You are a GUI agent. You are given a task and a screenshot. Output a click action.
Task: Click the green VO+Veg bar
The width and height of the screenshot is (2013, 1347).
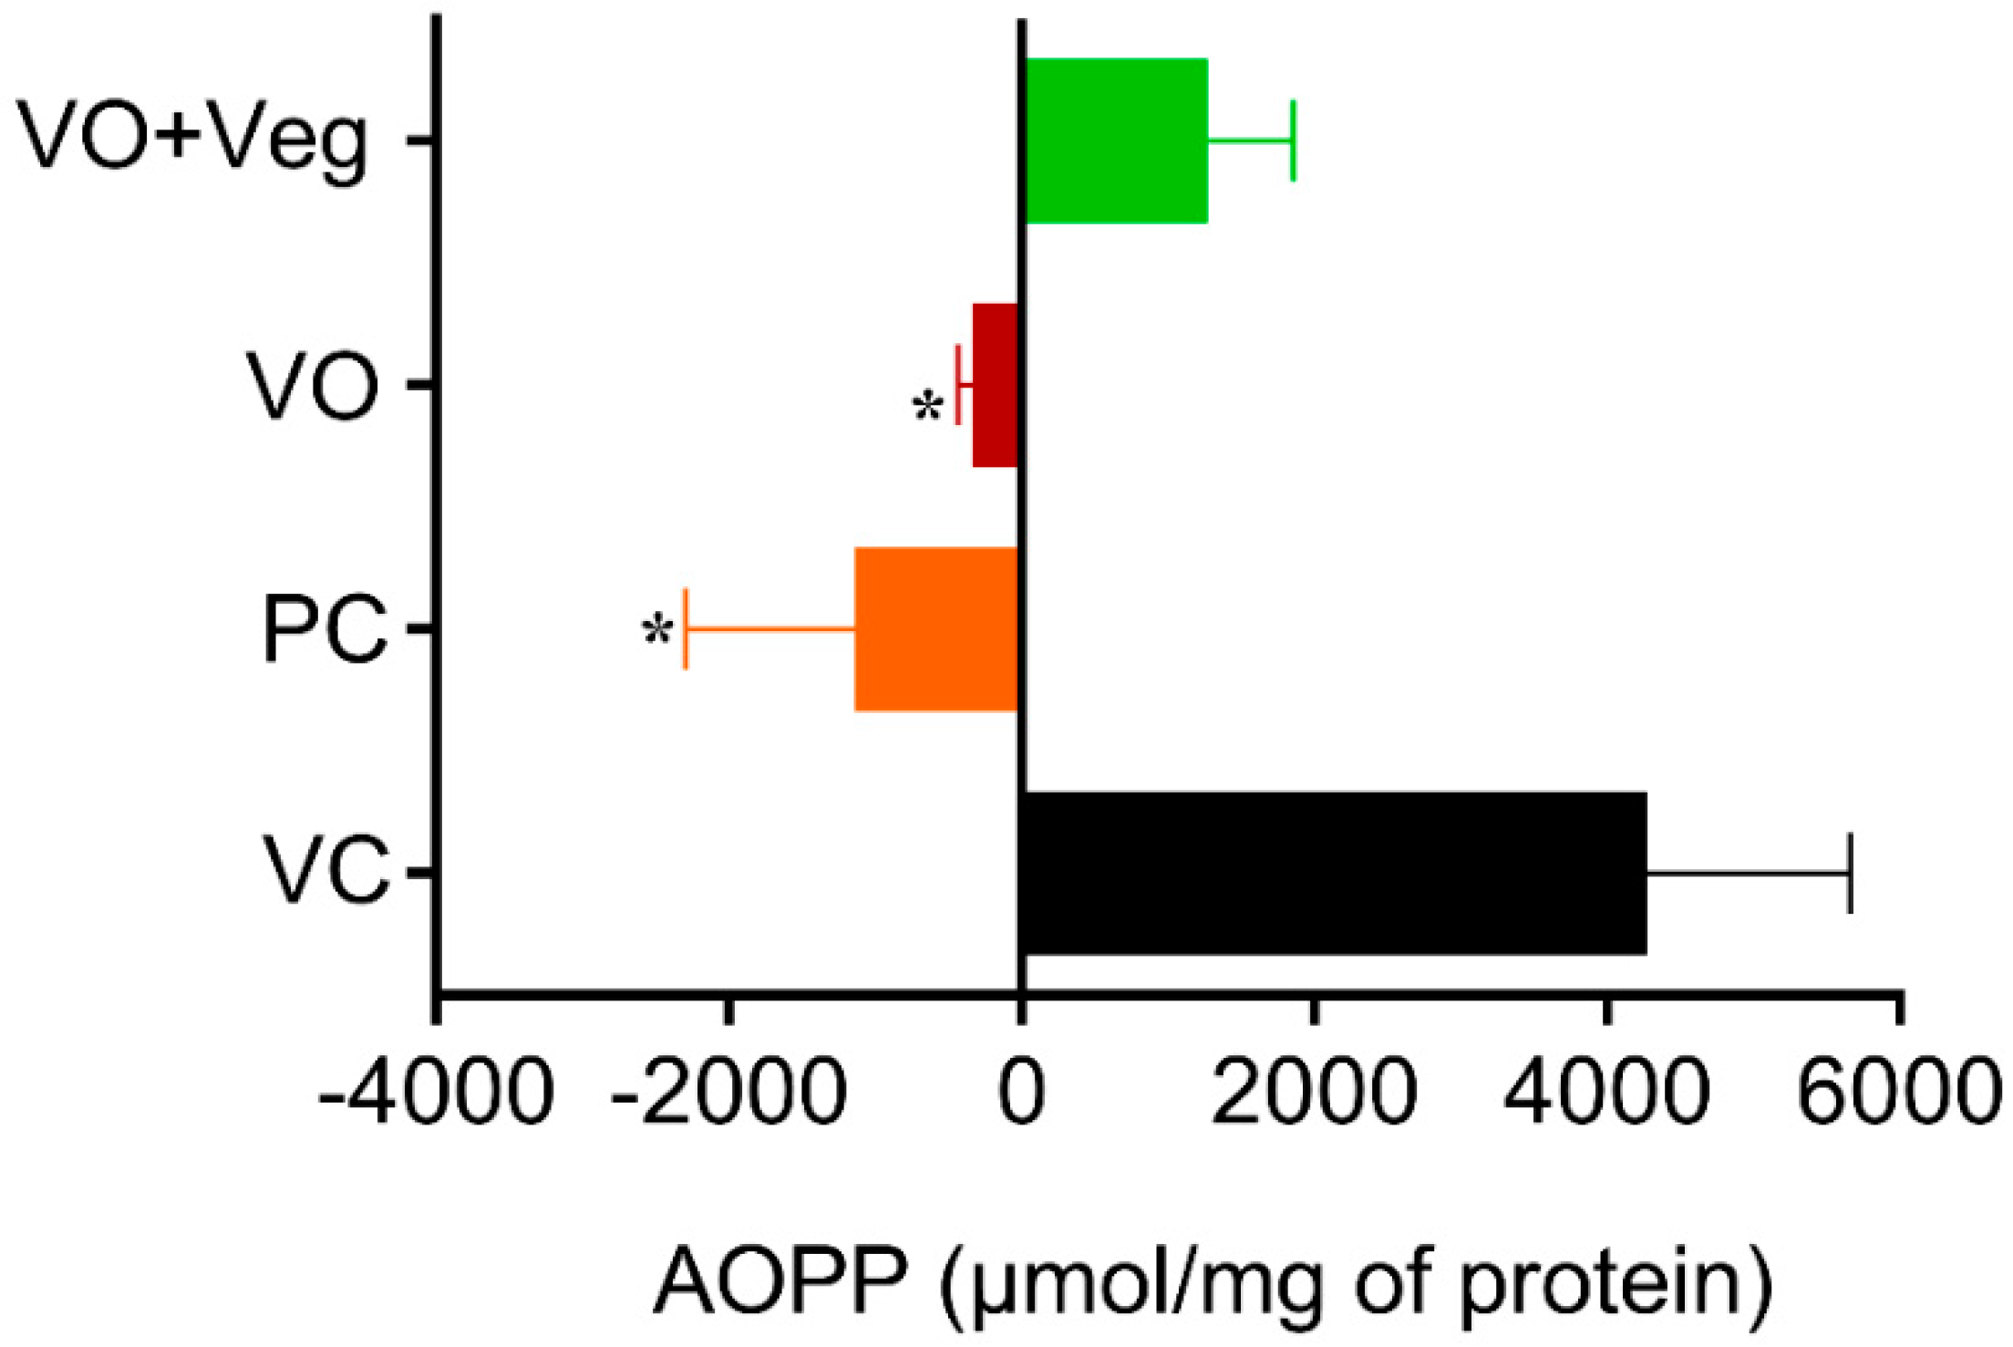coord(1116,140)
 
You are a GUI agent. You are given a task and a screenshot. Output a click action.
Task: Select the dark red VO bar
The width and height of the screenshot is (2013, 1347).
coord(995,385)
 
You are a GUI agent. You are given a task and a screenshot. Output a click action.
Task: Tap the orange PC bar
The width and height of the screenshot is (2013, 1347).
coord(936,628)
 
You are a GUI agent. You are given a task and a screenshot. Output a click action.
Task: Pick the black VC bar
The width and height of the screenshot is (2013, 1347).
coord(1333,873)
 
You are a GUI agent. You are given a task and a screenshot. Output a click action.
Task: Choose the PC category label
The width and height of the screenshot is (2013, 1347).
coord(325,629)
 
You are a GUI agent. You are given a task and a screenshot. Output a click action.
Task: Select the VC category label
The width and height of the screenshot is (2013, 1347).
coord(325,873)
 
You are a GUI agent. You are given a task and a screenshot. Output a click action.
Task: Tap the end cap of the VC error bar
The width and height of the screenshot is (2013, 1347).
coord(1850,873)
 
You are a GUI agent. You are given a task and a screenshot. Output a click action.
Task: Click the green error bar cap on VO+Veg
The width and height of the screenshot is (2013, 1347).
coord(1293,140)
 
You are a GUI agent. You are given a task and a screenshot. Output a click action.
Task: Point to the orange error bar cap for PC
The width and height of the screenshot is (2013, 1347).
coord(686,628)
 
